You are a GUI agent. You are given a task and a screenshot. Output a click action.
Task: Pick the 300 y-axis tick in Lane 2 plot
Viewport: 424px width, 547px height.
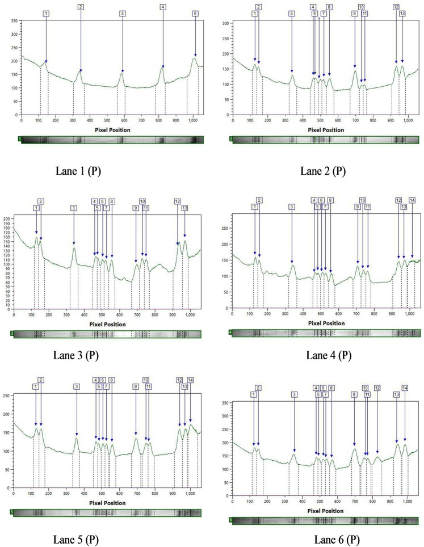tap(225, 24)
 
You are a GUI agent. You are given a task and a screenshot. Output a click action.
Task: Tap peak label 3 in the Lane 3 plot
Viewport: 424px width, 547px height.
tap(74, 208)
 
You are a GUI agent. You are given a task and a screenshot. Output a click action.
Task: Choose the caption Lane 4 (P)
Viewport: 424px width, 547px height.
tap(328, 356)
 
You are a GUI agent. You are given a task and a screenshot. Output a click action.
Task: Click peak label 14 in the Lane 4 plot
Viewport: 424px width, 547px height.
tap(412, 200)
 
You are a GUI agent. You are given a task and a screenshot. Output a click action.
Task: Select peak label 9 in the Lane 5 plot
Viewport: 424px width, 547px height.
tap(136, 386)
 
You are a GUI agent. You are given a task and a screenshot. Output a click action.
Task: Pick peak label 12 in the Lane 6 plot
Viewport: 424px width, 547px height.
tap(377, 388)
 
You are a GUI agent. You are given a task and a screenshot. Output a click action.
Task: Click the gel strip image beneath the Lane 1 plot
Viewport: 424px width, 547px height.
tap(112, 140)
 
